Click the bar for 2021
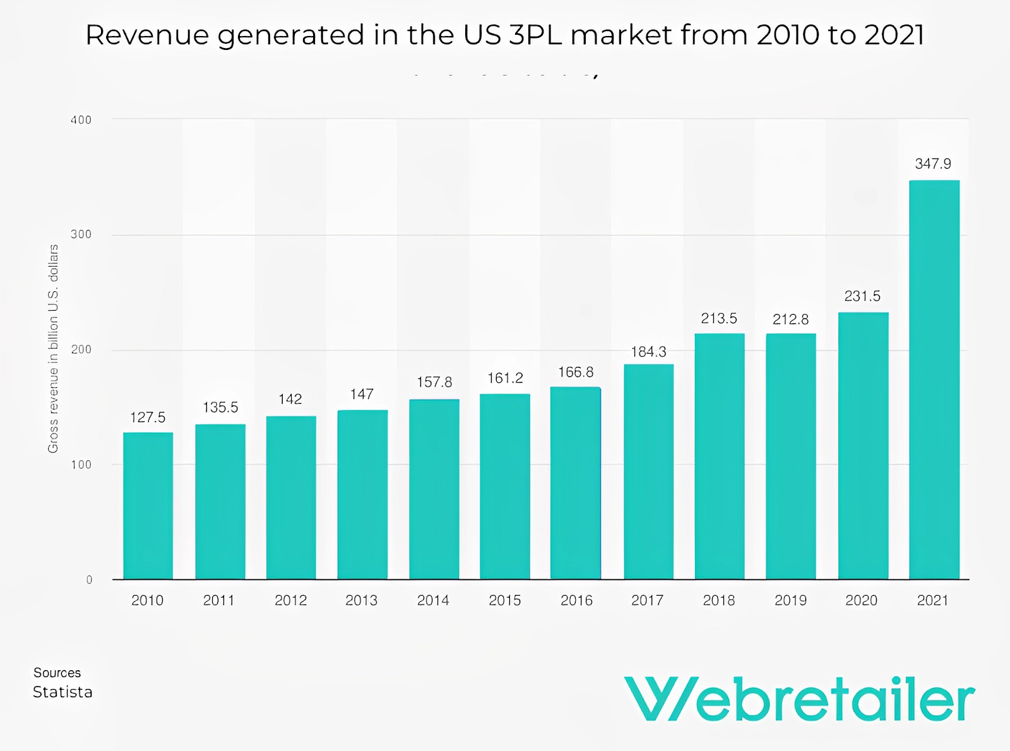point(934,379)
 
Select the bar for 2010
point(148,505)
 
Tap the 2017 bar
point(648,471)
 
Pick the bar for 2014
point(434,489)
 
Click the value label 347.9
point(933,164)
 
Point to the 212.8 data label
point(790,320)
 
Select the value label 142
point(290,399)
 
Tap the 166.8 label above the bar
point(576,373)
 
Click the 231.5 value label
point(862,296)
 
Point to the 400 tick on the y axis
point(81,120)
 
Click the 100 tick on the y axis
point(81,465)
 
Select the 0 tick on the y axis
point(89,580)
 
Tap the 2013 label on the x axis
point(361,601)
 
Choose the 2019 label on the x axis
point(790,601)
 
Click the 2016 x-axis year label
point(576,601)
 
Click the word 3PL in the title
point(535,35)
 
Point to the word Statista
point(62,692)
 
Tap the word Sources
point(57,673)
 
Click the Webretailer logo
point(799,699)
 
